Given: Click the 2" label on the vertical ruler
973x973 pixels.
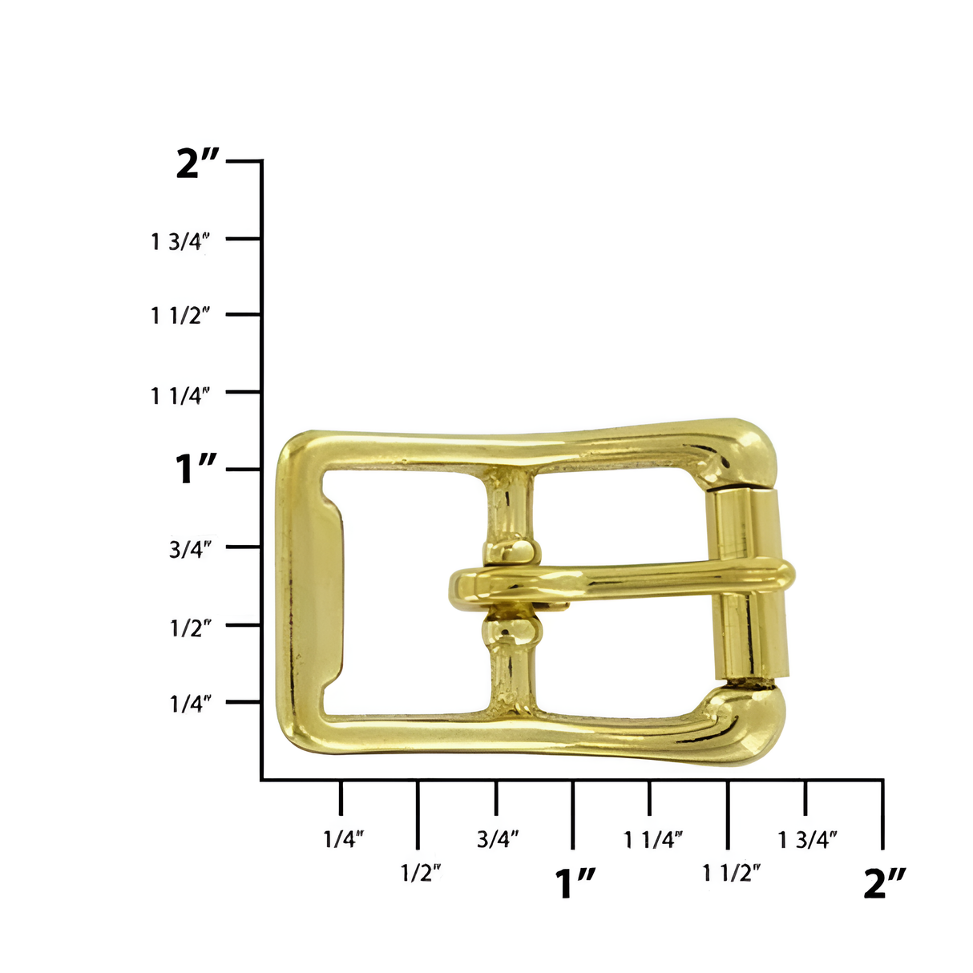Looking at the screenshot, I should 197,164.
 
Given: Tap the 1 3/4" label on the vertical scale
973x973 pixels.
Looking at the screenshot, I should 180,240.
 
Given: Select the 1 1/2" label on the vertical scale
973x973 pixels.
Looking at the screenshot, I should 180,316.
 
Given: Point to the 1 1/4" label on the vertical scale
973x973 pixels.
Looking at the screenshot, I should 180,394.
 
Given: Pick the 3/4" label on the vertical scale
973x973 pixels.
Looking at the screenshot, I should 190,550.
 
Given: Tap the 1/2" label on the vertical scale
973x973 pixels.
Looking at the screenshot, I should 190,627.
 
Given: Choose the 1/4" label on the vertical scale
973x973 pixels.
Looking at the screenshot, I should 190,704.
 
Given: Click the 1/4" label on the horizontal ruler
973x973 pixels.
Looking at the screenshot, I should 344,839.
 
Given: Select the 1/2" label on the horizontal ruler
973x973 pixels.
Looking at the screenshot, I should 421,873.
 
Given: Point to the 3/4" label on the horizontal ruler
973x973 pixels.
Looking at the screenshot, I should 498,839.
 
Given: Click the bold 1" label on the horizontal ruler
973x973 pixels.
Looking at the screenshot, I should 575,882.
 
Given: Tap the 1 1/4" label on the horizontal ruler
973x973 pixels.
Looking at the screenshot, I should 653,839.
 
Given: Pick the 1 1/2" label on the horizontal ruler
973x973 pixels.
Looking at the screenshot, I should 731,873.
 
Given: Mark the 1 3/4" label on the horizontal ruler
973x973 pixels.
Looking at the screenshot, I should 808,839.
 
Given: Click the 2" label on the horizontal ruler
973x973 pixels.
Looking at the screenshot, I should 885,882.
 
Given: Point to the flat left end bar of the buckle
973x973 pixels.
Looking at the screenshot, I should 313,593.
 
